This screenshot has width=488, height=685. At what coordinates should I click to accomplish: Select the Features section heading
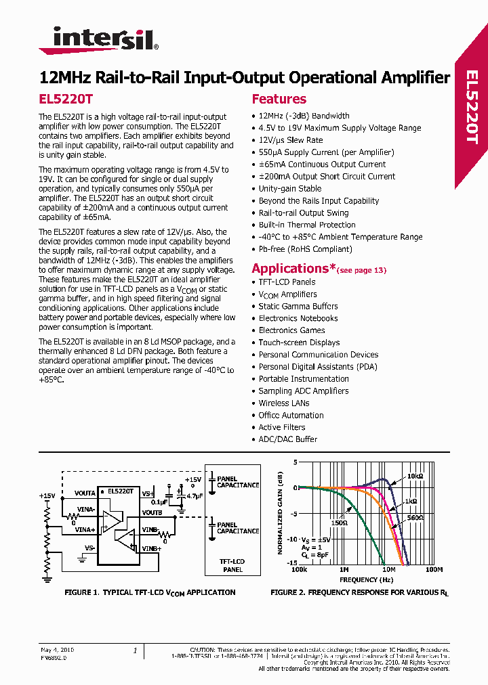pyautogui.click(x=279, y=99)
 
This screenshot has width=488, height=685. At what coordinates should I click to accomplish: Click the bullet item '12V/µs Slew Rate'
pyautogui.click(x=291, y=140)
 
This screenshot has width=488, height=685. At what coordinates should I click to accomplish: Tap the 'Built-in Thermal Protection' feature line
pyautogui.click(x=307, y=225)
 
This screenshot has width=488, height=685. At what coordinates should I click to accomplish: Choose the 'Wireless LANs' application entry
pyautogui.click(x=283, y=403)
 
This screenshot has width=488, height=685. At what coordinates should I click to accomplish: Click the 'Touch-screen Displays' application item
pyautogui.click(x=299, y=342)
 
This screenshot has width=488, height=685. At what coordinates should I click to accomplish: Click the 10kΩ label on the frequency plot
pyautogui.click(x=415, y=476)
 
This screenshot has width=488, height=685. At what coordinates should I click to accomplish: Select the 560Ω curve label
pyautogui.click(x=415, y=517)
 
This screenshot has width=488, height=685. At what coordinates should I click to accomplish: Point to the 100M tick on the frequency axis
pyautogui.click(x=433, y=570)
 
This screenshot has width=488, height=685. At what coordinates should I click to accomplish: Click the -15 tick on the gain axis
pyautogui.click(x=292, y=562)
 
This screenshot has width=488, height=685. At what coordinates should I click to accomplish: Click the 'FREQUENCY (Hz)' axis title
pyautogui.click(x=367, y=579)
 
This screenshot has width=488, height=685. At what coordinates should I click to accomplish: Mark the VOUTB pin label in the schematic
pyautogui.click(x=152, y=513)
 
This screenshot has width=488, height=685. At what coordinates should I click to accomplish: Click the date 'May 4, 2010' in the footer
pyautogui.click(x=58, y=649)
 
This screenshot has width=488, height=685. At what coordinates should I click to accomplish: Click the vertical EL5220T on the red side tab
pyautogui.click(x=472, y=108)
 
